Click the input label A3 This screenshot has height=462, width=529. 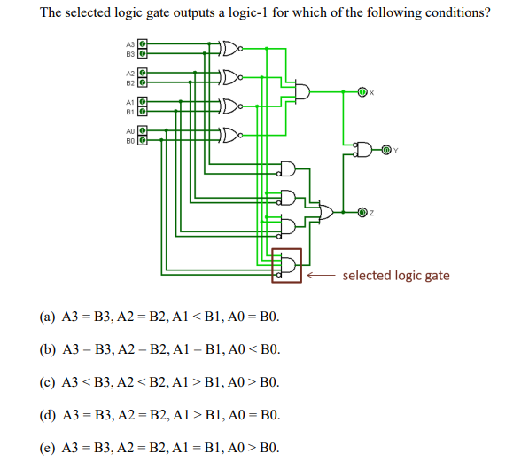coord(129,43)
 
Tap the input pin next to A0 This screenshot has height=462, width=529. coord(142,130)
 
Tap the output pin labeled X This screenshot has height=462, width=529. coord(361,91)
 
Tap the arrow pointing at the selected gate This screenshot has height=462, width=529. coord(321,276)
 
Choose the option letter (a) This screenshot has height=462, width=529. coord(46,317)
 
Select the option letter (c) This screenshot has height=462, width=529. coord(46,381)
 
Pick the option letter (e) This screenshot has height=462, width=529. coord(46,446)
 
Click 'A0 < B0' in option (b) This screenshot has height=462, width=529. coord(254,349)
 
